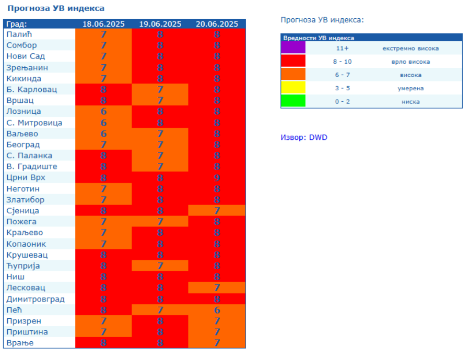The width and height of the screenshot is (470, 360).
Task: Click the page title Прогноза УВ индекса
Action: point(56,8)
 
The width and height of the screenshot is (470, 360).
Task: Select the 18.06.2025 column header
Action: point(103,24)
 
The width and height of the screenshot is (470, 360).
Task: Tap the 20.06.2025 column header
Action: point(217,24)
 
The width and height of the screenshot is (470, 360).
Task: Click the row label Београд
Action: point(23,145)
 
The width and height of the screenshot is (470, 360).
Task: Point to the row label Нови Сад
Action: point(26,56)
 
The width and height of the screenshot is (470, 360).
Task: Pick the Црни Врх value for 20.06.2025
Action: point(217,178)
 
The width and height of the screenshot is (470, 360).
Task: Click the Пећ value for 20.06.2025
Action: point(217,310)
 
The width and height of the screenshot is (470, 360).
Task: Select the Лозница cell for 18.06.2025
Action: point(103,112)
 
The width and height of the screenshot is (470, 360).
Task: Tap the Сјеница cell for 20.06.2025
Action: point(217,211)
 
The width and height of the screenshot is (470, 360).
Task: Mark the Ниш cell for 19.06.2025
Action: point(160,277)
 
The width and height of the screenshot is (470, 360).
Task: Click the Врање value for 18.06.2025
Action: point(103,343)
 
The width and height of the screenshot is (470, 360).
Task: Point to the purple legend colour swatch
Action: point(293,49)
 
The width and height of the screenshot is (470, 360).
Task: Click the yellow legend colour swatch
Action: point(293,88)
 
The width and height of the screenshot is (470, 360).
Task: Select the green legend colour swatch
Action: point(293,101)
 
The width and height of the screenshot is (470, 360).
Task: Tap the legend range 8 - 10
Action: point(343,62)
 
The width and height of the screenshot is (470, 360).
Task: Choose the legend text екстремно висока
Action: point(410,49)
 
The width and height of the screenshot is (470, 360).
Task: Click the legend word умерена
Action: point(410,88)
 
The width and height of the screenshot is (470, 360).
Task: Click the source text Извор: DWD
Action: point(304,138)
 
